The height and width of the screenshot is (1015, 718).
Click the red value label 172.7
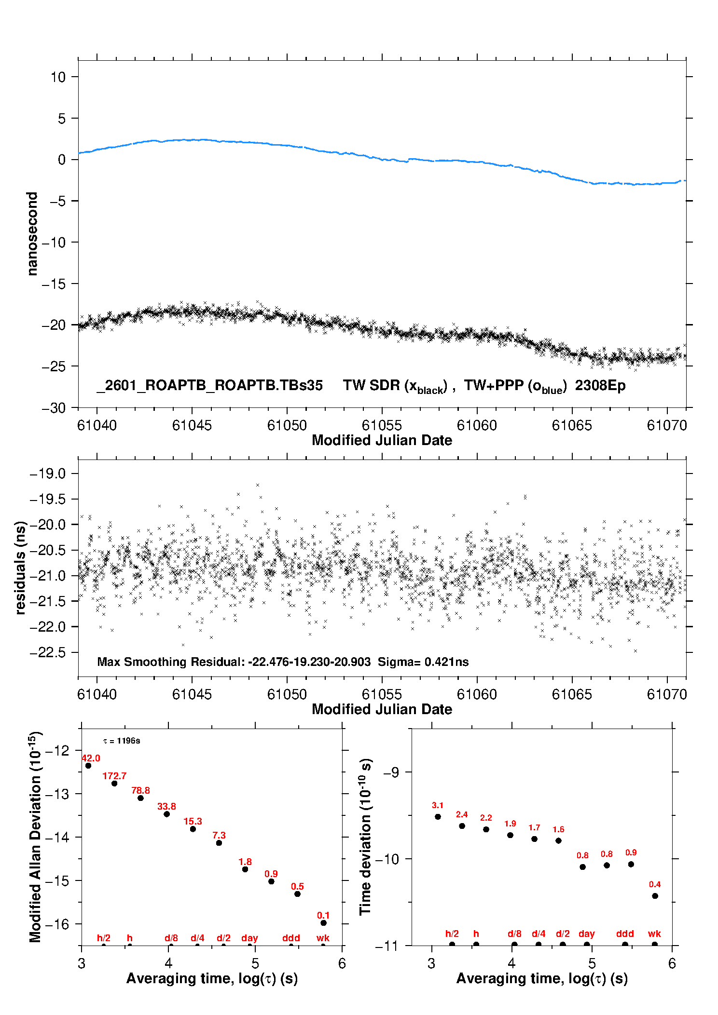click(114, 776)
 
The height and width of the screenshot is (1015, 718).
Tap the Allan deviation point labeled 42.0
click(88, 766)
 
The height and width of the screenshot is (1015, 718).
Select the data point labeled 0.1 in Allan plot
click(323, 923)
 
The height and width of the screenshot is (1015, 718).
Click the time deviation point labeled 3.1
click(438, 817)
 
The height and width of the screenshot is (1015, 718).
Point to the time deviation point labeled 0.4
click(655, 896)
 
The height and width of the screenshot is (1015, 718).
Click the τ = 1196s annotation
click(122, 741)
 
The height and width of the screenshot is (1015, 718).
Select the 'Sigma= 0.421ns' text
click(423, 662)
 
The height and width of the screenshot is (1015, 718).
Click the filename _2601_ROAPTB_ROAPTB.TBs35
click(209, 385)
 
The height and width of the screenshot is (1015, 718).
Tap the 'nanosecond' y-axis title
click(32, 234)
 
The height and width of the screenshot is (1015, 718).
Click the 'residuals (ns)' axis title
click(20, 568)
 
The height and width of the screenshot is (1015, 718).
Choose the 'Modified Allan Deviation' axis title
click(35, 837)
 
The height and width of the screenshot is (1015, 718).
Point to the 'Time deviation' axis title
click(365, 837)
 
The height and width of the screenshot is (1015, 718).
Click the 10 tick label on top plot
click(58, 77)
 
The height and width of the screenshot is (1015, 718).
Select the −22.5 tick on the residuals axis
click(47, 652)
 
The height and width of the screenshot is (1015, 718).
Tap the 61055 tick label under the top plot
click(382, 425)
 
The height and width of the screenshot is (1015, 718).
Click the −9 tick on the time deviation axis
click(390, 772)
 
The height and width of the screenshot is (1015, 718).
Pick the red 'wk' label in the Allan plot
click(323, 938)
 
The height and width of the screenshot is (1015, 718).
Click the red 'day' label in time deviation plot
click(586, 934)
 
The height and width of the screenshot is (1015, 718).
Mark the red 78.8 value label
click(140, 790)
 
